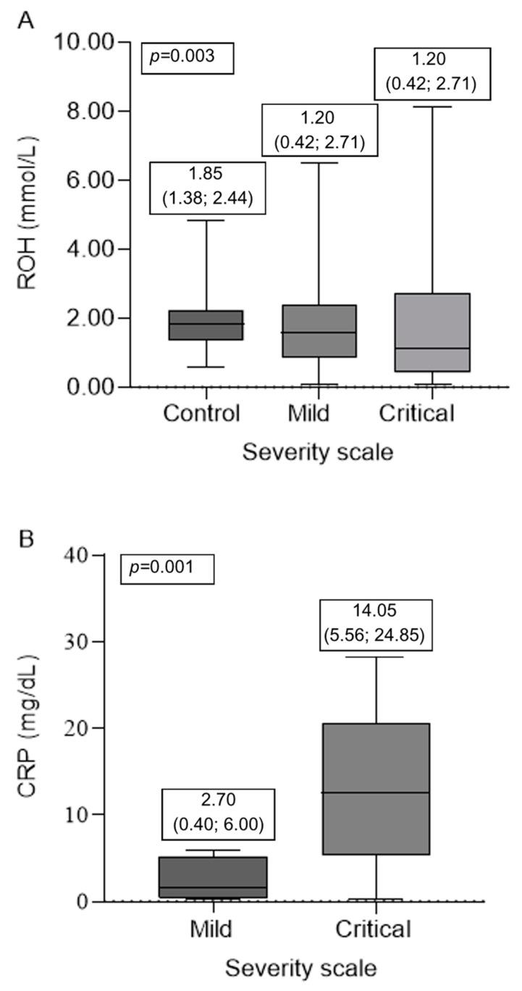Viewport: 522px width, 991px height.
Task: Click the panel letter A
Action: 25,20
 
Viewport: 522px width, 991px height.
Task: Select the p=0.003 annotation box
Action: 188,57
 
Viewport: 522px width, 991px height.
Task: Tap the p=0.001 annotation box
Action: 167,566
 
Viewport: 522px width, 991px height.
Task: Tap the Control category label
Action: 201,414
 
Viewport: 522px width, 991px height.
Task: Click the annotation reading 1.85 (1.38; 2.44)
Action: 208,187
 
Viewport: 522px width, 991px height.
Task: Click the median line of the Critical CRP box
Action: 377,793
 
